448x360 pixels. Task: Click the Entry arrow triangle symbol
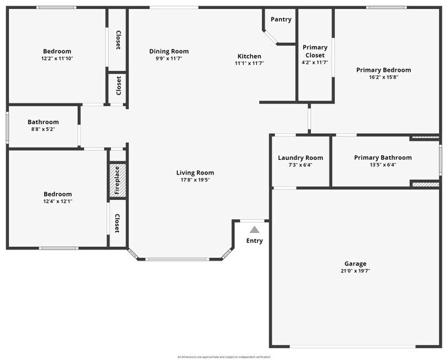coord(254,230)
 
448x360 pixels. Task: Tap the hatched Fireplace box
coord(117,181)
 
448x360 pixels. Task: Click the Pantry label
coord(281,19)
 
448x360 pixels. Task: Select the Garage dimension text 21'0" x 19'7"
coord(356,271)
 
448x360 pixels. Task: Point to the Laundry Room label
coord(301,158)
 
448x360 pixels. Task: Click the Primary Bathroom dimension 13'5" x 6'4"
coord(383,166)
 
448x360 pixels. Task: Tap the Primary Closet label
coord(316,51)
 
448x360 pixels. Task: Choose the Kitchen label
coord(250,56)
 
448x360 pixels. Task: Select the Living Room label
coord(195,172)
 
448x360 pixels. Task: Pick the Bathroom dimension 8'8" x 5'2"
coord(43,130)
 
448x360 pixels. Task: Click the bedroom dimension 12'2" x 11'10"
coord(57,59)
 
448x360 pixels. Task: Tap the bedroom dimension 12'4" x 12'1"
coord(57,202)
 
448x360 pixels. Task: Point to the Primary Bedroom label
coord(383,70)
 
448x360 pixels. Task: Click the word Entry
coord(254,241)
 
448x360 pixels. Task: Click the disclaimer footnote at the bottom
coord(224,357)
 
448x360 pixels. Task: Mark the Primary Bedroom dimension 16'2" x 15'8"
coord(383,77)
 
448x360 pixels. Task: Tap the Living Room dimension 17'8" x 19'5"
coord(195,180)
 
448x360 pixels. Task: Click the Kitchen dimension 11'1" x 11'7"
coord(250,63)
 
